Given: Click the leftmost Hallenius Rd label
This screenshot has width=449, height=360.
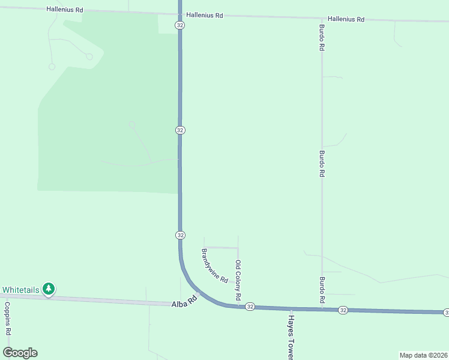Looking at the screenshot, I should (64, 10).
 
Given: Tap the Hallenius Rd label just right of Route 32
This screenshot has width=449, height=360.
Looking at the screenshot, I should (204, 15).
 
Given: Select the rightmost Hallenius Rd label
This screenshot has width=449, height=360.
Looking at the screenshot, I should (346, 19).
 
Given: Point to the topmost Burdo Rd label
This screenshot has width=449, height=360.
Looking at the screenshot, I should (322, 37).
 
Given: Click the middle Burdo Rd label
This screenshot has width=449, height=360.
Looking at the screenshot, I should (322, 163).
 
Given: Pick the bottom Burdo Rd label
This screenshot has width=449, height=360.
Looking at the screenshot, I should (322, 289).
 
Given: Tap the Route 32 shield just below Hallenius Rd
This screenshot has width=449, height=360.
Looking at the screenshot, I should (180, 25).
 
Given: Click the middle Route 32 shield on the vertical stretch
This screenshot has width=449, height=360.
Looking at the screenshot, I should (180, 130).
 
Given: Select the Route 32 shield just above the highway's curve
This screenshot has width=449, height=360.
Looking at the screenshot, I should (180, 235).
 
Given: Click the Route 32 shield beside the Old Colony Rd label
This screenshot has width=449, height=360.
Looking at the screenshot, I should (250, 307).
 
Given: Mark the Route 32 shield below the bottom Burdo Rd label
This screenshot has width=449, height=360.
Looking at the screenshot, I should (342, 310).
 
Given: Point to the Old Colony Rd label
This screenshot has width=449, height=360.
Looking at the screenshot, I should (238, 280).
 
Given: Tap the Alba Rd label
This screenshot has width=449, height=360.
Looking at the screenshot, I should (184, 301).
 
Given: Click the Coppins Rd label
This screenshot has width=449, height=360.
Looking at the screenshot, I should (8, 318).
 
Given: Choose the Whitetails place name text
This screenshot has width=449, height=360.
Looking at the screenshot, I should (20, 290).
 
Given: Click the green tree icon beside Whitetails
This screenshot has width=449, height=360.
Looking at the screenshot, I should (49, 289).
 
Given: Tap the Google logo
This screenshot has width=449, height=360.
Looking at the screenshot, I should (20, 353).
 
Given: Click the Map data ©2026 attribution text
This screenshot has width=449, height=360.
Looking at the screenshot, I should (424, 355).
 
